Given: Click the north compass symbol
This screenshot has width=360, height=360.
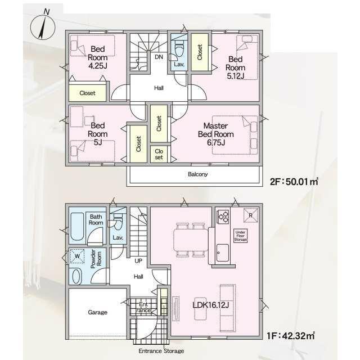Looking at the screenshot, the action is point(43,26).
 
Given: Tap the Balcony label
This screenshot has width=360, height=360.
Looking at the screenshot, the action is point(197,174).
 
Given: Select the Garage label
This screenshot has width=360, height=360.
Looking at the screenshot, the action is point(97,312).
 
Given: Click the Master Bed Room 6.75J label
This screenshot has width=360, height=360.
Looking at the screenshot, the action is point(216,134).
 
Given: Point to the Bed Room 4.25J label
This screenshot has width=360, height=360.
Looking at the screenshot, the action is point(98,57).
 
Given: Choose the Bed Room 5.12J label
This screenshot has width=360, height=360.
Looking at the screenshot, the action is point(235,67).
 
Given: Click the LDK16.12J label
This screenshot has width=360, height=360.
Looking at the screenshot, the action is point(210,305).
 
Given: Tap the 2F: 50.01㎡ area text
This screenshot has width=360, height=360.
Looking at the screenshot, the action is point(294,182).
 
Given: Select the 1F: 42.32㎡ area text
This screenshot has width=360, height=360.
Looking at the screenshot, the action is point(291,336).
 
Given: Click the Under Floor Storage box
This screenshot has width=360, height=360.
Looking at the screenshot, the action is point(240,236).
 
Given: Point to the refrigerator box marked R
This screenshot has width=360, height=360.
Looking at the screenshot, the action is point(250,215).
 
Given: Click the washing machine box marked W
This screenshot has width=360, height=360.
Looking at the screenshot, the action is point(77,256).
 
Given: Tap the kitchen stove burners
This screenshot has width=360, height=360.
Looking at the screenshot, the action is point(223,217).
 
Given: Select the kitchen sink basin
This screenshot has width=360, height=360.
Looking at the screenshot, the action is point(223,253).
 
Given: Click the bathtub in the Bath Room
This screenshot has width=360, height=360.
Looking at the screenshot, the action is point(77,227).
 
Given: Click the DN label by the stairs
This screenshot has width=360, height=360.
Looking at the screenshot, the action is point(159,57).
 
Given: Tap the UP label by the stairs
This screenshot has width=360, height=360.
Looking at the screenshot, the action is point(138,261).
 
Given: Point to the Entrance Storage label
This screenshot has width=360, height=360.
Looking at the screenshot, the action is point(161,351).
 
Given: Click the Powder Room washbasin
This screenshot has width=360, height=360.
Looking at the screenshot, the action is point(76,276).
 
